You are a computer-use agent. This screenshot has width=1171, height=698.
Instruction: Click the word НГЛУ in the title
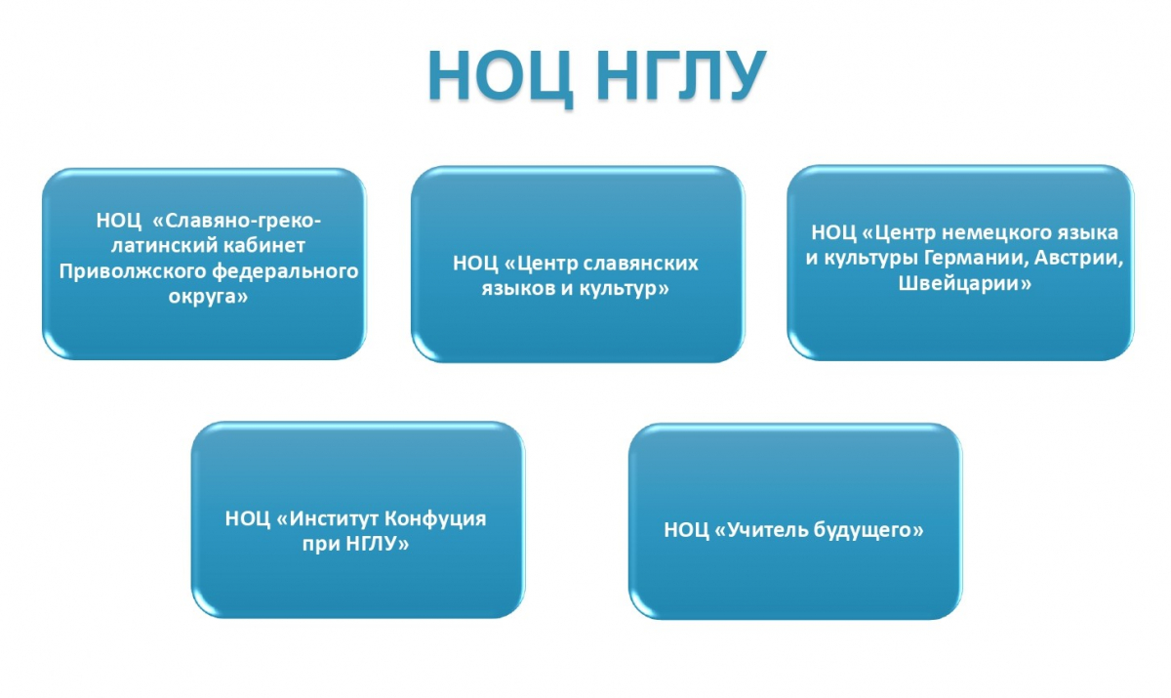tap(682, 75)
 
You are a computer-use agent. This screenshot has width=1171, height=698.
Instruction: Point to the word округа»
tap(208, 297)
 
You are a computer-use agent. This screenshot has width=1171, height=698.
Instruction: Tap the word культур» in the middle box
tap(624, 289)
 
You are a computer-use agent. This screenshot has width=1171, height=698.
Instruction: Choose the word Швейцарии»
tap(965, 284)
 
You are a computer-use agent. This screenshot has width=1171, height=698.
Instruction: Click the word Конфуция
tap(435, 519)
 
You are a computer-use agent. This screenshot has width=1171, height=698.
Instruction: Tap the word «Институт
tap(327, 518)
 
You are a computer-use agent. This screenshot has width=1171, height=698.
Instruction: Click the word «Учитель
tap(752, 530)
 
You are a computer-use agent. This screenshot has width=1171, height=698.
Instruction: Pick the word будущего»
tap(861, 531)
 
